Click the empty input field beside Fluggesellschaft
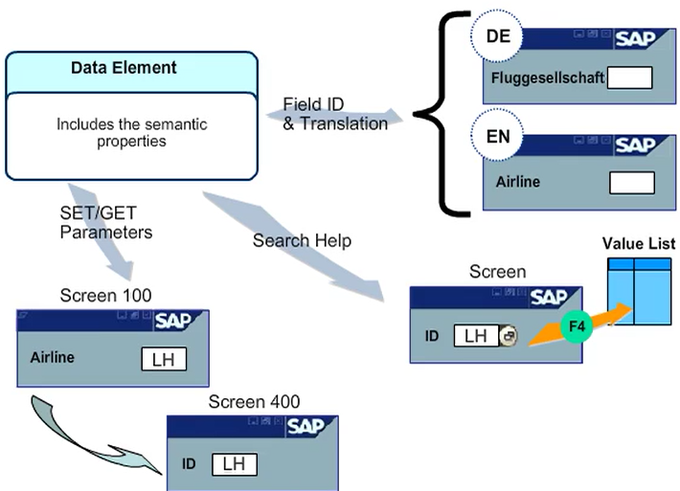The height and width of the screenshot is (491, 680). click(629, 78)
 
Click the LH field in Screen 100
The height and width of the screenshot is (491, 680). click(164, 359)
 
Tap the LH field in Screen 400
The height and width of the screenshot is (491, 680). click(234, 463)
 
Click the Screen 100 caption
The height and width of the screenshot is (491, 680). click(105, 296)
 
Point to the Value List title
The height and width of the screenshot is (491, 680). click(639, 243)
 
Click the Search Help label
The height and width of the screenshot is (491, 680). click(302, 240)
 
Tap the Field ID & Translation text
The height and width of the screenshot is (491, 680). click(335, 114)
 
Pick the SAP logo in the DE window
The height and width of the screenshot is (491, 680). click(635, 39)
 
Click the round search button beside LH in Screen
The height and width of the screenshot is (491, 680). click(509, 336)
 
